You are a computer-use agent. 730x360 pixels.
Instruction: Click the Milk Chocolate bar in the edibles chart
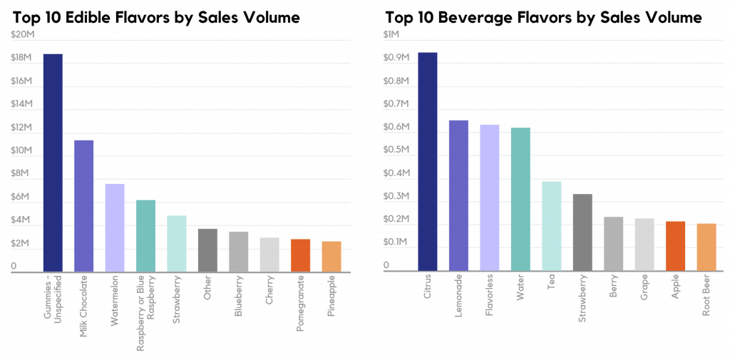(x=84, y=206)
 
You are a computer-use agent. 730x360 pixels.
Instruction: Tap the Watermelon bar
(x=115, y=228)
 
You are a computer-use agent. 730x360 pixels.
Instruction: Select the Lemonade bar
(x=458, y=196)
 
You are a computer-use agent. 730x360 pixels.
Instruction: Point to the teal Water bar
(x=520, y=200)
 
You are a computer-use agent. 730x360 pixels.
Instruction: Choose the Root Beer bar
(x=706, y=247)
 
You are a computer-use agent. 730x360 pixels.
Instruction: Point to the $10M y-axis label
(x=23, y=150)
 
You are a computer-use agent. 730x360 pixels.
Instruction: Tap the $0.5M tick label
(x=397, y=150)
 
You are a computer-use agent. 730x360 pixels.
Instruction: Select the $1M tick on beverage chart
(x=393, y=34)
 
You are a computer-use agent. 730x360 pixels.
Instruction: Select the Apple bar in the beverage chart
(x=675, y=247)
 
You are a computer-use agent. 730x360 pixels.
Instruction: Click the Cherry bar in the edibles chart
(x=269, y=254)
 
